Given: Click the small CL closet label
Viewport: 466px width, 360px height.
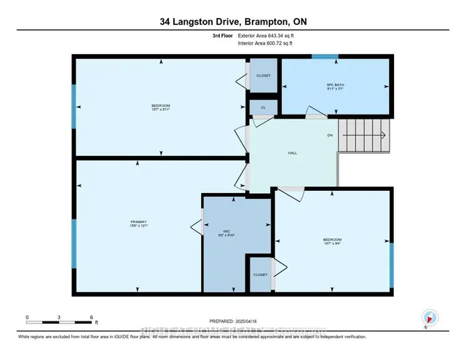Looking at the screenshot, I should point(263,108).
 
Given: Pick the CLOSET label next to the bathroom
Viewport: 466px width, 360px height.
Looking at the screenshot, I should point(263,75).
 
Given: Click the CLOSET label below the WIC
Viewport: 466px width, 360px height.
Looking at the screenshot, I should point(260,275).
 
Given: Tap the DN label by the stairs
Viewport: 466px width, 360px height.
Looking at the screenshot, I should point(330,134).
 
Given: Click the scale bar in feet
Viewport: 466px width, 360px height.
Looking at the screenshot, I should point(60,320).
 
